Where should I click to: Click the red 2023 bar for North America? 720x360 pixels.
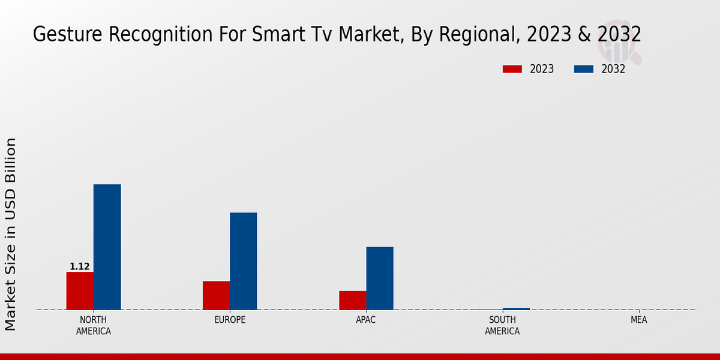[80, 291]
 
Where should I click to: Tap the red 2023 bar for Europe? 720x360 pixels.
[216, 295]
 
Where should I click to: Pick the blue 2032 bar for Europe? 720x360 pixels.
[243, 261]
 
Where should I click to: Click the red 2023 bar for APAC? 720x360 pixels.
[352, 300]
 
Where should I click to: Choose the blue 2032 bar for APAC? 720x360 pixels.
[380, 278]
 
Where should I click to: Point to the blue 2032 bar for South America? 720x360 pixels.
[516, 309]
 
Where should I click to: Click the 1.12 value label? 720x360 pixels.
[80, 266]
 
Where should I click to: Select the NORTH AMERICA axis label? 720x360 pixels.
[94, 326]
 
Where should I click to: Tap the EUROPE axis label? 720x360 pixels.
[230, 320]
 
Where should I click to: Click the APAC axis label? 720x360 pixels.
[366, 320]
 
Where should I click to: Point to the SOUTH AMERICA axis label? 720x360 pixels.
[502, 326]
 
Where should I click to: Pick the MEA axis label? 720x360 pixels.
[638, 320]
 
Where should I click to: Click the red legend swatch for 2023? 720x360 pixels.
[512, 69]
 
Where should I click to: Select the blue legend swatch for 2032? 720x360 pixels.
[583, 69]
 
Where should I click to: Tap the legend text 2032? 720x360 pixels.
[613, 69]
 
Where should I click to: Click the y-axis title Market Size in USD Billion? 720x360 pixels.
[11, 234]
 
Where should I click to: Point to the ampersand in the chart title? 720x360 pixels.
[584, 35]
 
